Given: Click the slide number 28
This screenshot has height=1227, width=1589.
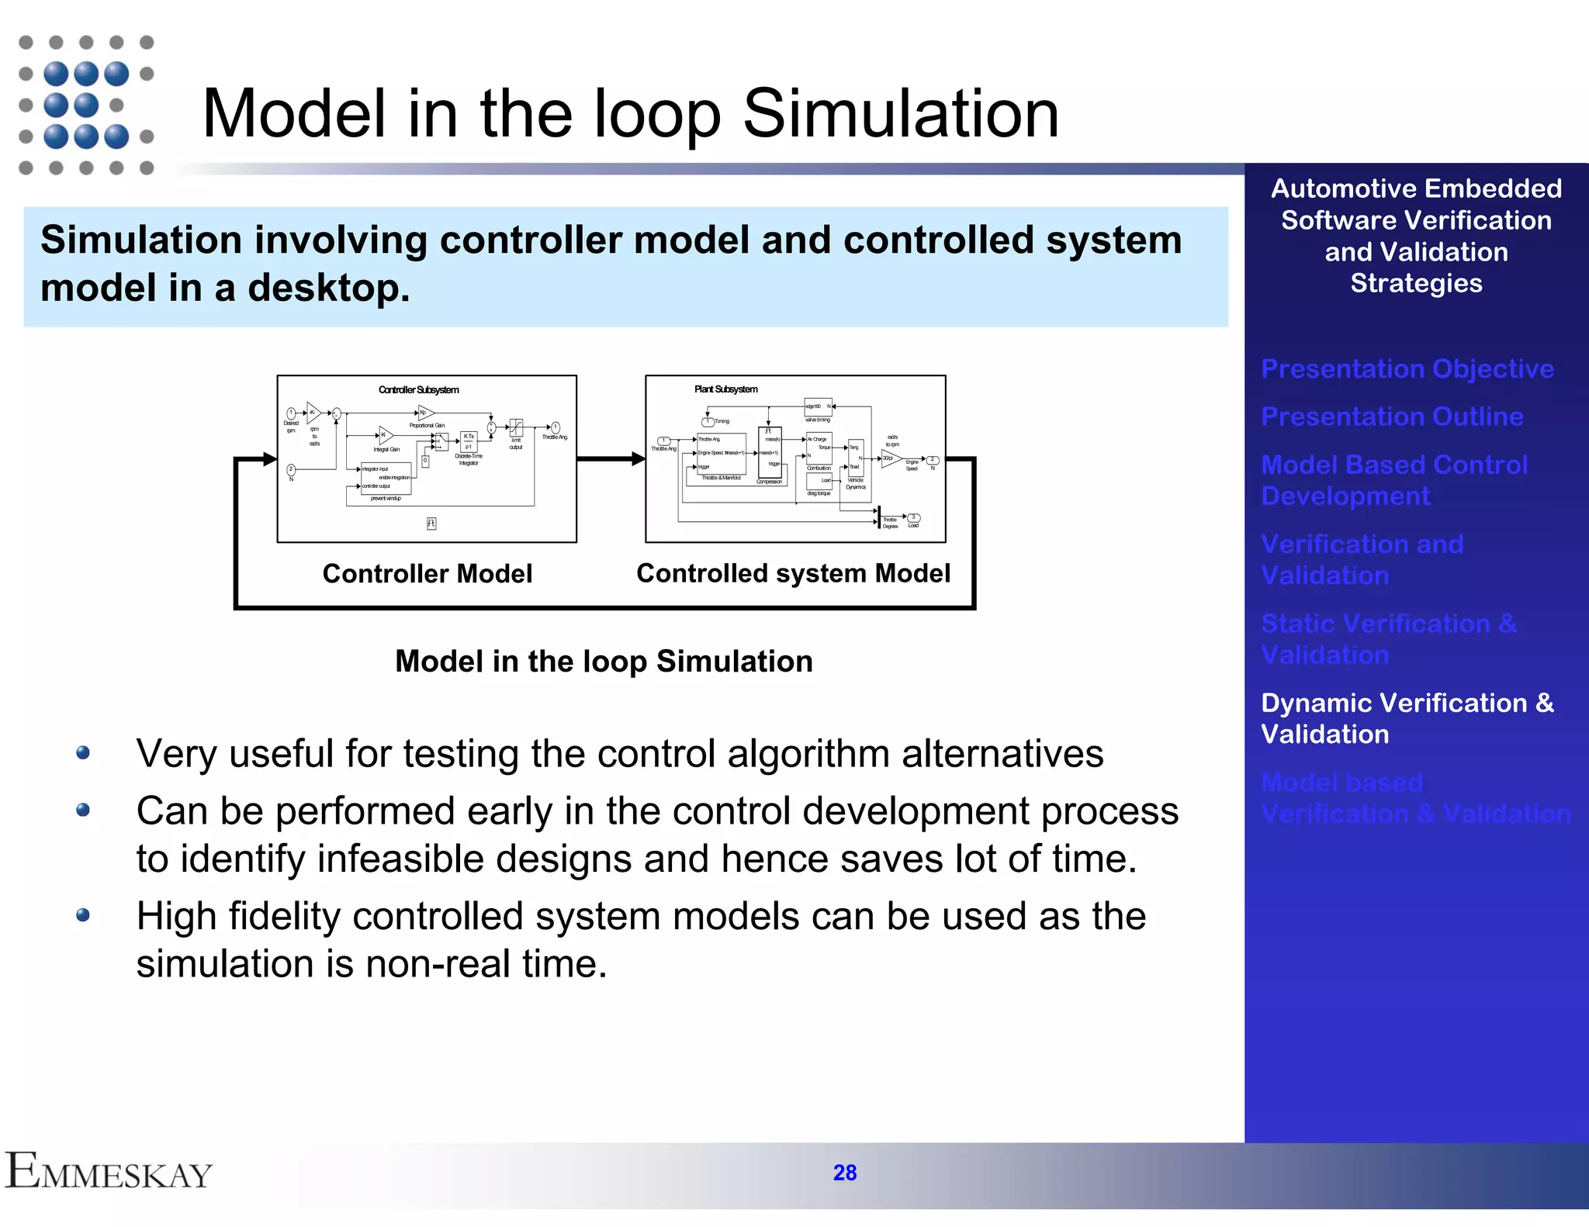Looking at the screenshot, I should click(x=844, y=1172).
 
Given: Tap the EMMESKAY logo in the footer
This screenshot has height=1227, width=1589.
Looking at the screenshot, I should click(x=109, y=1172).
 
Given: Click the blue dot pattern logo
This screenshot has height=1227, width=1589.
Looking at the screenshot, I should click(x=85, y=105).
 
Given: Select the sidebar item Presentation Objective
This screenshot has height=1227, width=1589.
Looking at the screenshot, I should click(x=1407, y=368).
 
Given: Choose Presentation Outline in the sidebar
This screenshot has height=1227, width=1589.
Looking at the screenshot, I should click(x=1392, y=416).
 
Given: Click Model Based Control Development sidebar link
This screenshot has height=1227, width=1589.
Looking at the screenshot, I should click(x=1393, y=480).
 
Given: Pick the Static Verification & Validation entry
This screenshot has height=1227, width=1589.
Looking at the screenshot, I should click(x=1388, y=639).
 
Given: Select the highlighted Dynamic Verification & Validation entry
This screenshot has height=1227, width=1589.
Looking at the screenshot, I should click(x=1407, y=718).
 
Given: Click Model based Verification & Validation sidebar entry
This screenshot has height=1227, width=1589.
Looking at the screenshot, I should click(x=1415, y=798).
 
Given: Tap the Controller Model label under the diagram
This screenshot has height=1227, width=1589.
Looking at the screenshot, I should click(x=427, y=574).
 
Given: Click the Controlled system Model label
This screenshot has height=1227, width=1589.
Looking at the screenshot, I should click(x=793, y=573).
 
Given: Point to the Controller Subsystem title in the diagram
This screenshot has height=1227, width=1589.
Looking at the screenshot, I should click(x=418, y=390).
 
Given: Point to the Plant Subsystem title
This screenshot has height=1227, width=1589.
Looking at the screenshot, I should click(x=725, y=389).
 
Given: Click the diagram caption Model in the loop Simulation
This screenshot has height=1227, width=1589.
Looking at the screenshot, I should click(x=604, y=662).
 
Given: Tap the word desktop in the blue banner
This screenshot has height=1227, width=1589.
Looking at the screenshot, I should click(x=327, y=289).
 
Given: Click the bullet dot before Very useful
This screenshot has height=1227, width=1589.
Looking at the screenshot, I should click(x=83, y=753).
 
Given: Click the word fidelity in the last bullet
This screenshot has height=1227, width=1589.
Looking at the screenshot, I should click(x=284, y=917).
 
